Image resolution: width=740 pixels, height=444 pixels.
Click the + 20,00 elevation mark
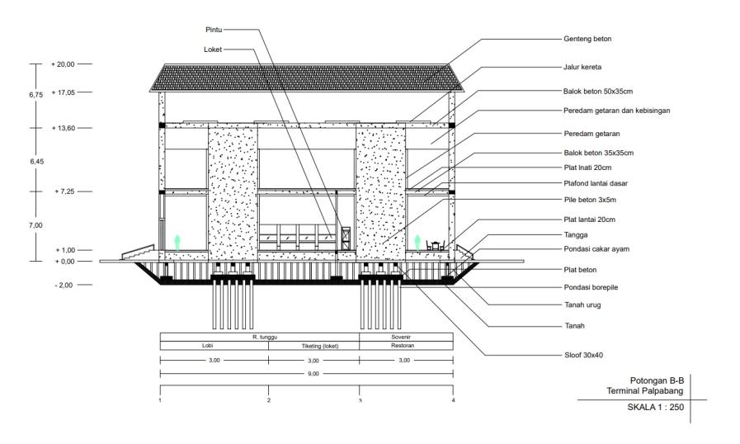(x=63, y=64)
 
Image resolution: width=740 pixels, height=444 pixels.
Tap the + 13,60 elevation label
(x=63, y=128)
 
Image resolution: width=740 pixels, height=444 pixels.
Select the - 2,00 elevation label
(x=62, y=285)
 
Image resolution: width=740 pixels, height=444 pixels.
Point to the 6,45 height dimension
(x=37, y=161)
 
